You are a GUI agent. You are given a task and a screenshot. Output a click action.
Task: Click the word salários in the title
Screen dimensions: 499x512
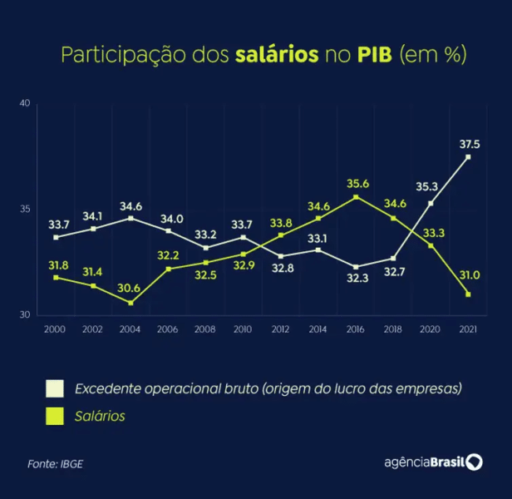(x=278, y=56)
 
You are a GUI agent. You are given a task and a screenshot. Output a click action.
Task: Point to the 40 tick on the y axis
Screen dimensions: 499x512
(x=25, y=103)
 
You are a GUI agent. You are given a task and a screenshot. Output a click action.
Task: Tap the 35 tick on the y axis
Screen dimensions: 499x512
(x=25, y=210)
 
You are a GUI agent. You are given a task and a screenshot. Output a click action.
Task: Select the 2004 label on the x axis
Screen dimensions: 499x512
(x=130, y=329)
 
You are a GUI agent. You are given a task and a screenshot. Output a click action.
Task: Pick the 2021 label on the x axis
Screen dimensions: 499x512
(x=468, y=329)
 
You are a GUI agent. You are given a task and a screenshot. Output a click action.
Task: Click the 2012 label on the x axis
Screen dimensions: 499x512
(x=280, y=329)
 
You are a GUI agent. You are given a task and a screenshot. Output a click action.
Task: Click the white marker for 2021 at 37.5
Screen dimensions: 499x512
(x=468, y=157)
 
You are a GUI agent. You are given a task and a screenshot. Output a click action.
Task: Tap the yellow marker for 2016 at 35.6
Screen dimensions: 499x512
(x=356, y=197)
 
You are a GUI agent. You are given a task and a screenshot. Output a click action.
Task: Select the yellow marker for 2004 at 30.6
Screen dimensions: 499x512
(x=130, y=303)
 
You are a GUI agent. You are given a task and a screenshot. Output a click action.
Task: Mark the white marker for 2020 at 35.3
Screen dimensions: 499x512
(x=431, y=203)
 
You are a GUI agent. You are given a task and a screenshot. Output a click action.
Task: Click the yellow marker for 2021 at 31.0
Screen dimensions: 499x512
(x=468, y=294)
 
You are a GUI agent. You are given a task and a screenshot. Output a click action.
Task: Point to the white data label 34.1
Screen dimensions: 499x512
(x=92, y=216)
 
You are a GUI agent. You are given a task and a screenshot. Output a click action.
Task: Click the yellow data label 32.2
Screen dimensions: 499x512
(x=169, y=256)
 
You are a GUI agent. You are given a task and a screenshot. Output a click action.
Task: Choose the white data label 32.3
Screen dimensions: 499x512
(x=356, y=279)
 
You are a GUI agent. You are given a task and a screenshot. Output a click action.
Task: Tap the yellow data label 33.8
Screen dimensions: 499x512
(x=280, y=223)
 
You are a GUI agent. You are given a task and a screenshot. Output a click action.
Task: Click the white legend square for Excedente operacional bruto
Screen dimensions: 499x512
(x=55, y=388)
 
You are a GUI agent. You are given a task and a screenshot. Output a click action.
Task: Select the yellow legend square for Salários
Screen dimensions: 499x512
(x=55, y=416)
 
